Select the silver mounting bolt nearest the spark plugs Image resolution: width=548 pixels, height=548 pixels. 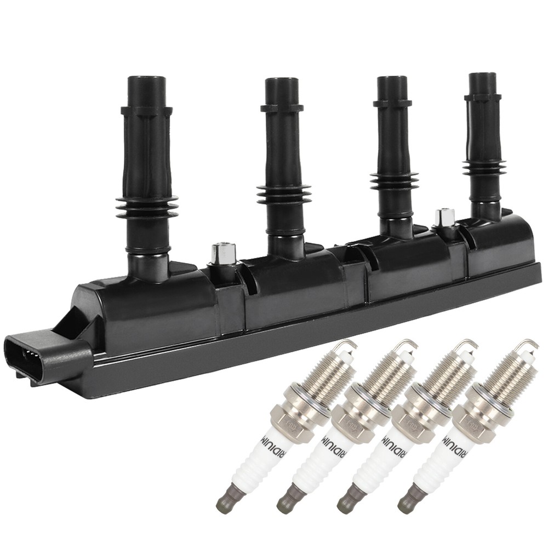(444, 218)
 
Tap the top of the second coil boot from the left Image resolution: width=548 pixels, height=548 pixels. (282, 83)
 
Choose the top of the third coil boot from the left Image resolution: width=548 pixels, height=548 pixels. (392, 81)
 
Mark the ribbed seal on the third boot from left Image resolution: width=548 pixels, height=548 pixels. (394, 180)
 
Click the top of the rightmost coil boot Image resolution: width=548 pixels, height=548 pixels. (482, 77)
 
